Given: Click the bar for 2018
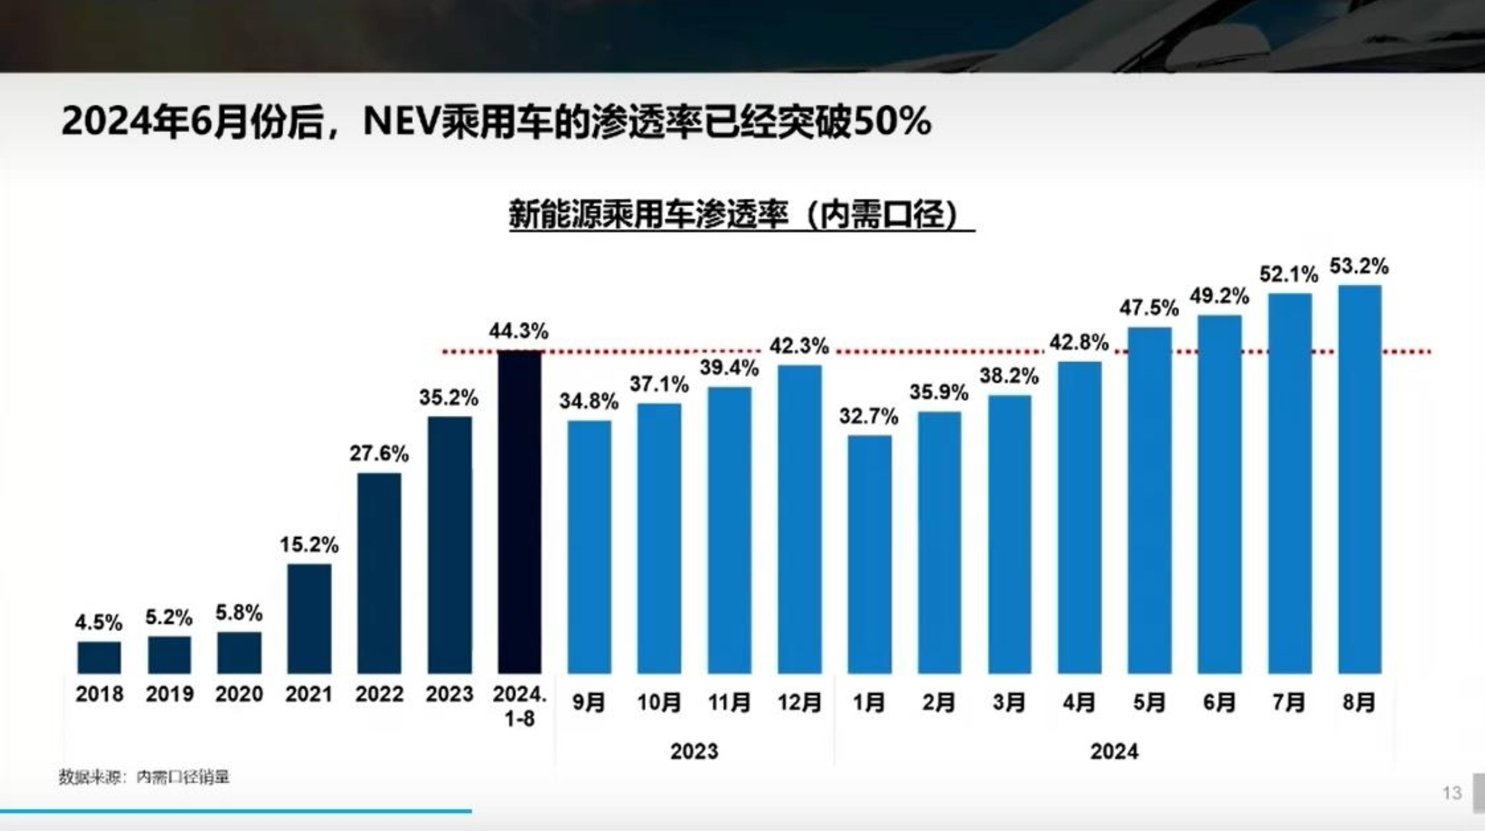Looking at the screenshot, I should point(99,658).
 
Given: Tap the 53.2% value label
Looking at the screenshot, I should point(1359,267).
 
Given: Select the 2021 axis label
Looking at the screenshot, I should point(309,694).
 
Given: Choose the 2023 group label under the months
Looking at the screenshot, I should point(694,751).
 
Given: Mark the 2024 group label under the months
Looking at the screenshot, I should point(1114,751).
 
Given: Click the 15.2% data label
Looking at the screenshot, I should point(309,544).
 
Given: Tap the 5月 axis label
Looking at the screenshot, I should point(1149,702).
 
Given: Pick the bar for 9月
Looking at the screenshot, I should point(589,547).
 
